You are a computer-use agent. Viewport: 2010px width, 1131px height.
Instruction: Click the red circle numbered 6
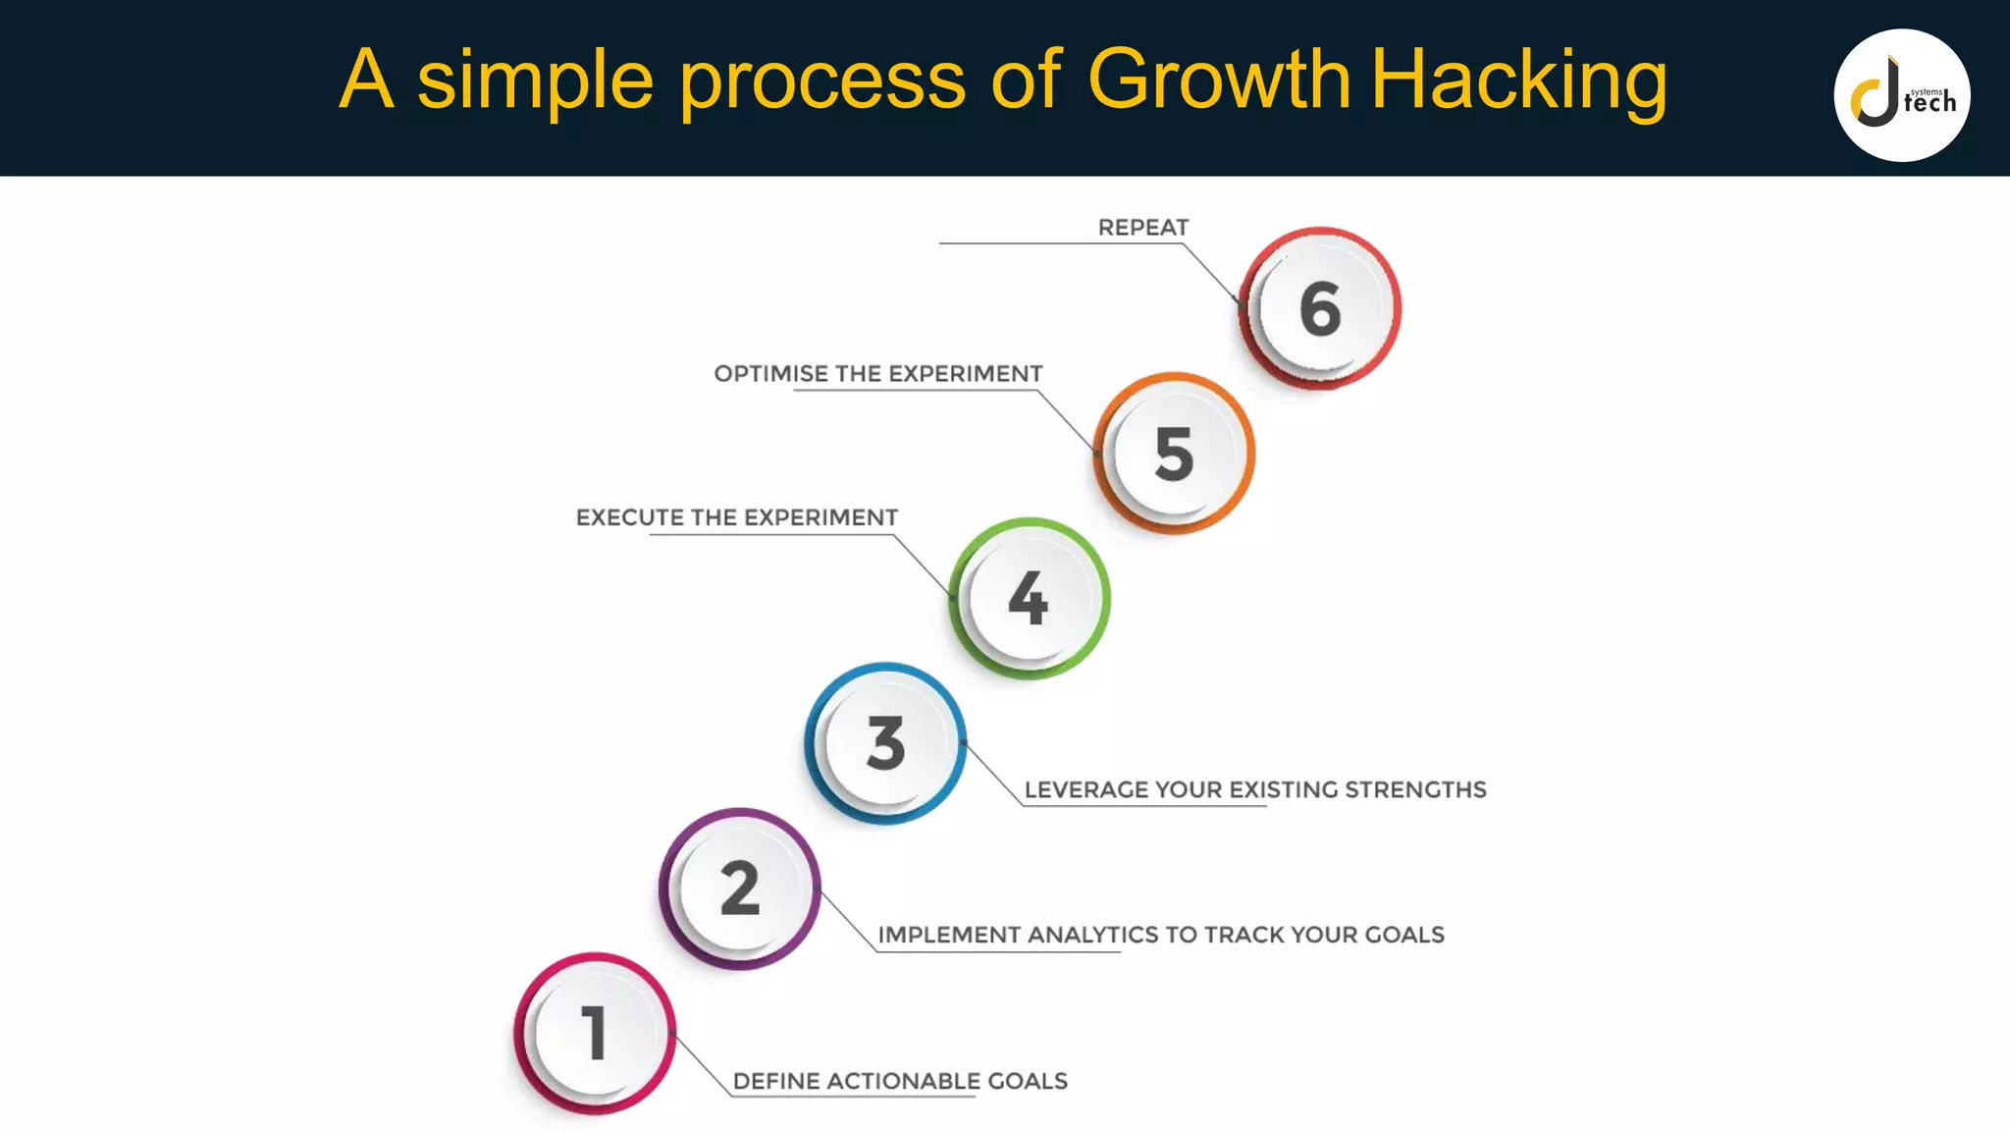[1320, 308]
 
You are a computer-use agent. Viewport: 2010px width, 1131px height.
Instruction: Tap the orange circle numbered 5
[1174, 454]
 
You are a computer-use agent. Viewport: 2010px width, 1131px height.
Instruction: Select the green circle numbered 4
[1029, 598]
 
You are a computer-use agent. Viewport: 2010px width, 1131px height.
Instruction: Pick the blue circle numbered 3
[885, 743]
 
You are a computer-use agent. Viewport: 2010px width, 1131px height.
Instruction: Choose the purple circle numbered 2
[740, 889]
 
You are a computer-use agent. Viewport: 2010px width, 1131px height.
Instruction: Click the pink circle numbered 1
[595, 1033]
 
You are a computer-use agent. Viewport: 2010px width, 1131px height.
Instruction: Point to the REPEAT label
[1142, 228]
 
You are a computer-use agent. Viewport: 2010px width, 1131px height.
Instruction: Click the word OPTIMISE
[770, 374]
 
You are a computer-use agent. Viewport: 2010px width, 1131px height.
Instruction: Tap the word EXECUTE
[629, 518]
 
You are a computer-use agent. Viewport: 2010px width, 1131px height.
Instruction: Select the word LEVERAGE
[1085, 790]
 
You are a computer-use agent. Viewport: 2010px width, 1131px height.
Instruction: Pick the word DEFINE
[776, 1082]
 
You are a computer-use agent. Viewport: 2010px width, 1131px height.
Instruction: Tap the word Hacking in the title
[1517, 81]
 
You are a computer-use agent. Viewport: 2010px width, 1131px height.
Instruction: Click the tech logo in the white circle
[1901, 95]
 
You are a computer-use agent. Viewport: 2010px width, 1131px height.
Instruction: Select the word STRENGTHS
[1415, 790]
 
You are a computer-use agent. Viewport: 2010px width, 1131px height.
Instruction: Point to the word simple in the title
[535, 81]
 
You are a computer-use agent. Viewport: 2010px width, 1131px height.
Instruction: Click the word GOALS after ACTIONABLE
[1027, 1082]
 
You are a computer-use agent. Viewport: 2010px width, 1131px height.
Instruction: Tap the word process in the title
[822, 81]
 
